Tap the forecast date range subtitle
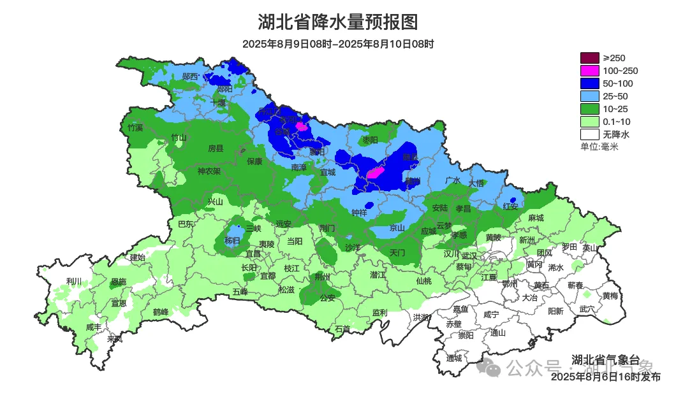click(338, 44)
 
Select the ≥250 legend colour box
click(590, 58)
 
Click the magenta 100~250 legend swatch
click(590, 71)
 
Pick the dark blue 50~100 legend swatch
click(590, 83)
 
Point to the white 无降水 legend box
click(590, 134)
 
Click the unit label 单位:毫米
click(599, 147)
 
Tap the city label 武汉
click(469, 254)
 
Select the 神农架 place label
click(209, 171)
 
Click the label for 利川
click(75, 281)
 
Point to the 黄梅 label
click(610, 296)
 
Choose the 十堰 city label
click(219, 102)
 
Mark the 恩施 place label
click(118, 281)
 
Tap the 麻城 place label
click(536, 218)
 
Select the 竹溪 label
click(135, 127)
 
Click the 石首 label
click(342, 329)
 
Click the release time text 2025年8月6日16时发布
click(605, 377)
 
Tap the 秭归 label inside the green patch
click(233, 240)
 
